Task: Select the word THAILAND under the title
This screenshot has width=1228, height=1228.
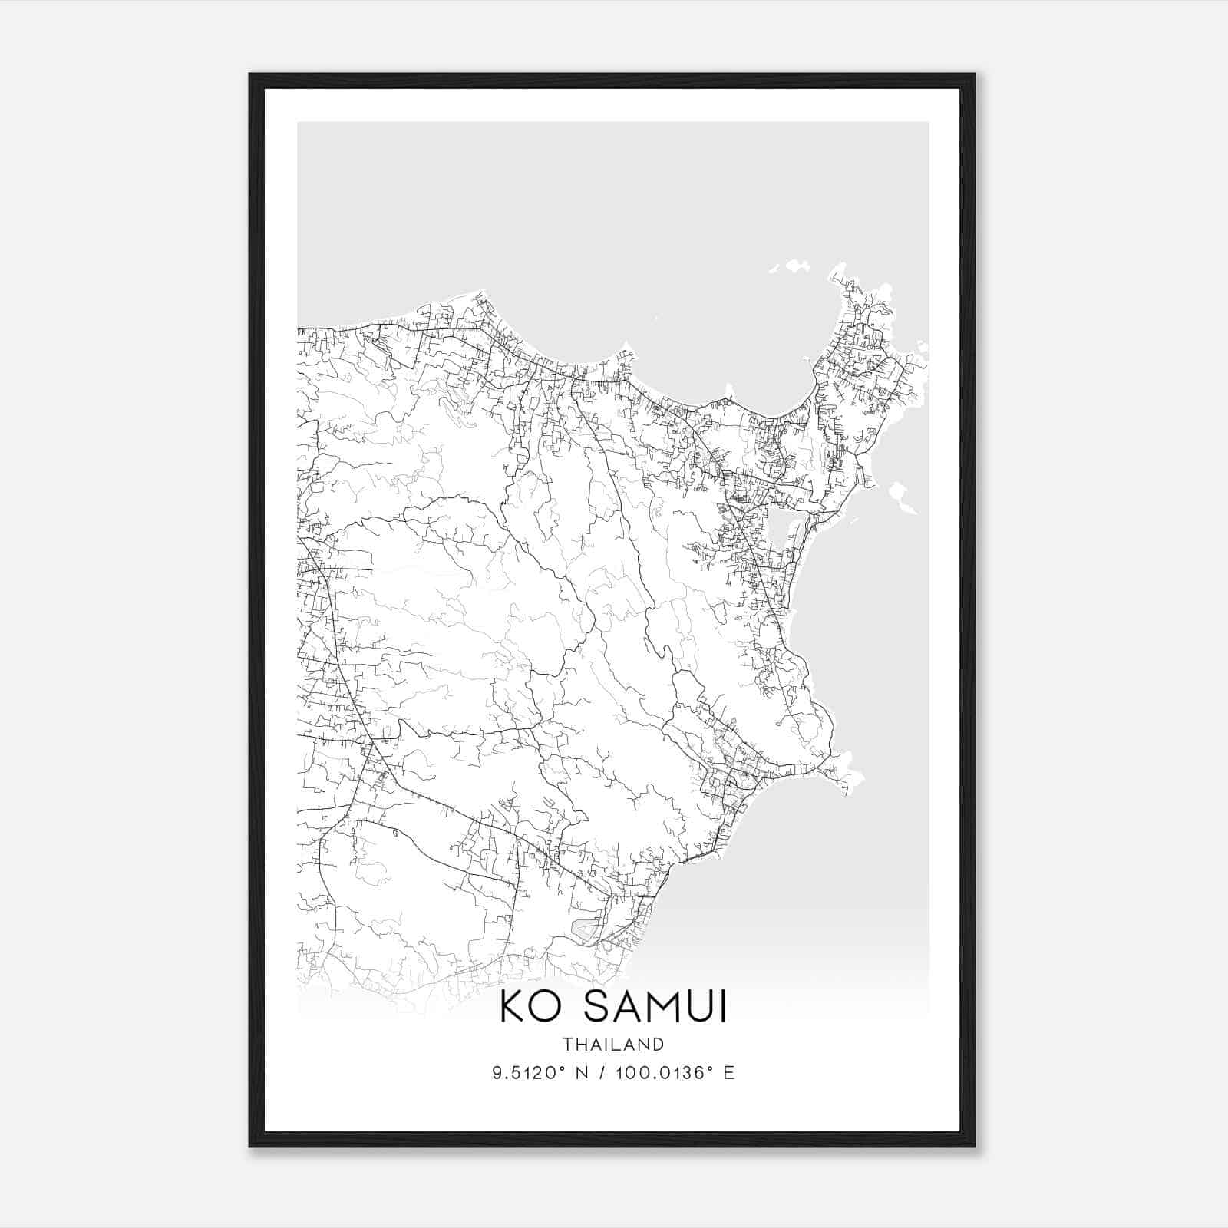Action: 612,1044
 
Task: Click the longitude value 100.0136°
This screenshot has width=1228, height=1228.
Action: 661,1072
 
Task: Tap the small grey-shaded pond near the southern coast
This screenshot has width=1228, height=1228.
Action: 587,929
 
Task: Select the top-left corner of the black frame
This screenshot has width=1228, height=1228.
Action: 250,75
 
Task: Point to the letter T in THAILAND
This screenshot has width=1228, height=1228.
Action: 566,1044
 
